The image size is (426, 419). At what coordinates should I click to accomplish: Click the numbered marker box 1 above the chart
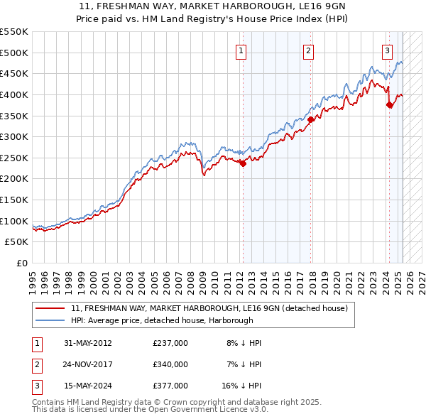click(x=241, y=50)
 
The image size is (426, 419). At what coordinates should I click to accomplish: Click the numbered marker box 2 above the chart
click(x=309, y=50)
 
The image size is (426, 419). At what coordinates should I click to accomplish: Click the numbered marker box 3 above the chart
click(x=387, y=50)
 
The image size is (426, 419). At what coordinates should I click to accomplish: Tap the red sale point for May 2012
click(x=243, y=163)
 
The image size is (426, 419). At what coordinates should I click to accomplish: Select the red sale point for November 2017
click(x=311, y=119)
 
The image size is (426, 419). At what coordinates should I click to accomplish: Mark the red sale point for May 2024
click(x=389, y=104)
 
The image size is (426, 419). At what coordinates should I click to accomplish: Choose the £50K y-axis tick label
click(x=17, y=242)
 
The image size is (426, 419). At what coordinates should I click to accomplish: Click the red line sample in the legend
click(x=50, y=309)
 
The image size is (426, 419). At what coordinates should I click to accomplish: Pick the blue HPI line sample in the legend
click(x=50, y=320)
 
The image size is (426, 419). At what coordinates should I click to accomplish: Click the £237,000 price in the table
click(x=170, y=343)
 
